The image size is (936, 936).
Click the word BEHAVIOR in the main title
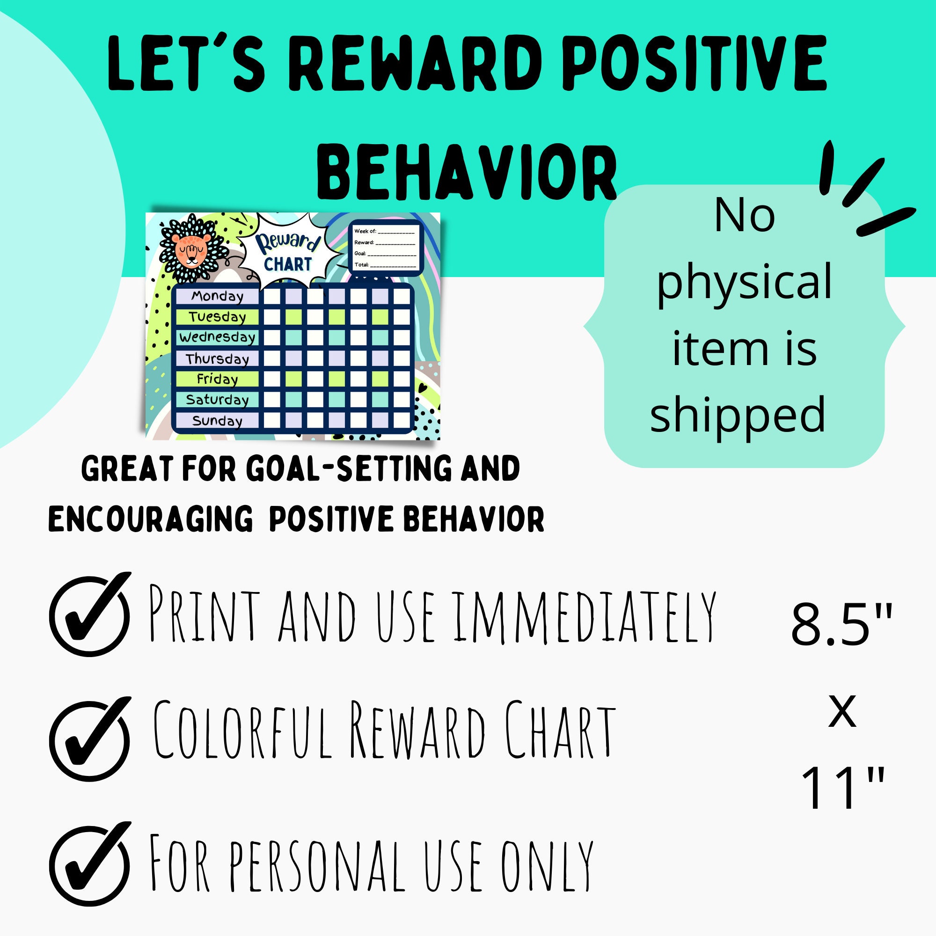466,173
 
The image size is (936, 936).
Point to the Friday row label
217,379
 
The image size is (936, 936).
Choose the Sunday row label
217,421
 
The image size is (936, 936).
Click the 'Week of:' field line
385,231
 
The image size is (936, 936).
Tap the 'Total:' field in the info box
385,264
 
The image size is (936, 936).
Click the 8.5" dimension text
841,625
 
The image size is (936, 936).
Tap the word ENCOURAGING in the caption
151,519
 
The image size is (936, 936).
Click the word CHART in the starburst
288,264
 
